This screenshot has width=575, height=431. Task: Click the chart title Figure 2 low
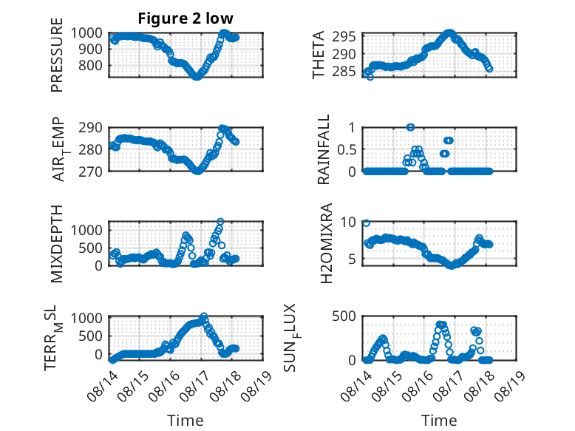[x=186, y=18]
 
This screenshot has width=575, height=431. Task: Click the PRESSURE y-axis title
[x=57, y=55]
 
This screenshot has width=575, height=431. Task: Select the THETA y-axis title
[x=319, y=55]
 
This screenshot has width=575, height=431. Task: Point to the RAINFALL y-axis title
[x=324, y=149]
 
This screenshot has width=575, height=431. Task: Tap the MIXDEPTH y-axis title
[x=57, y=244]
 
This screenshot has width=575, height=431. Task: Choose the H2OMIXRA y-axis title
[x=326, y=243]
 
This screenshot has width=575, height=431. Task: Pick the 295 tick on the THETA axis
[x=344, y=37]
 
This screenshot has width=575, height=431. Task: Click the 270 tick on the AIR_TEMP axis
[x=91, y=172]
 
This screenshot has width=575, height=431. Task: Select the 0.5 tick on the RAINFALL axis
[x=347, y=149]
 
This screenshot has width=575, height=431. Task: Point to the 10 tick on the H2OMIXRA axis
[x=348, y=222]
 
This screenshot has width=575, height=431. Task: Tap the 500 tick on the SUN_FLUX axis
[x=344, y=316]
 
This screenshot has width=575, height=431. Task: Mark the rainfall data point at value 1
[x=410, y=127]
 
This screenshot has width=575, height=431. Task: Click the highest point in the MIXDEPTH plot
[x=220, y=222]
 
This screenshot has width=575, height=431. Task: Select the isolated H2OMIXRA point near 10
[x=366, y=223]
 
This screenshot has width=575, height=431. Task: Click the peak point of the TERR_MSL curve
[x=204, y=316]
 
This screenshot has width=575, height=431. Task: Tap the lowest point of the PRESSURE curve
[x=197, y=77]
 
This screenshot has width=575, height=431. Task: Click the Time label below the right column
[x=439, y=421]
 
